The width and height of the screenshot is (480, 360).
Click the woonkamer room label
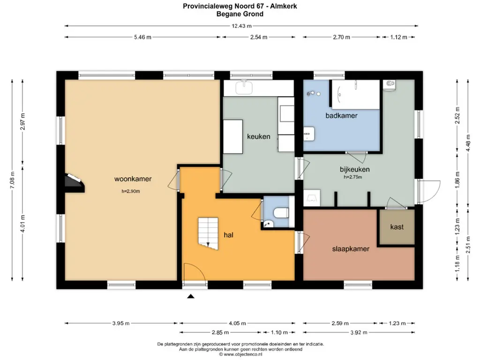133,179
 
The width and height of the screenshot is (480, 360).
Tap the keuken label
259,136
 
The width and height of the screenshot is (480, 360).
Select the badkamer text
341,116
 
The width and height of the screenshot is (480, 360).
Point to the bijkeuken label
354,169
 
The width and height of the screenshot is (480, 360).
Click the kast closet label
397,227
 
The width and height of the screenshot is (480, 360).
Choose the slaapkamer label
351,249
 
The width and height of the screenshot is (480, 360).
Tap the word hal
228,235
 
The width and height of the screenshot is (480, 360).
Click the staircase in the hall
208,233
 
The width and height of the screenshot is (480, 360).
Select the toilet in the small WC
281,212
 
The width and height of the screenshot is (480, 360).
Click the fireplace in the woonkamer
74,183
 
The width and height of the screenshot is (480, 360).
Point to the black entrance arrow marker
191,296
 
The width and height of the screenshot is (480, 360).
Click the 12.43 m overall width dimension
241,26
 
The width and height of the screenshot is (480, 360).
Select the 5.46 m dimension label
142,37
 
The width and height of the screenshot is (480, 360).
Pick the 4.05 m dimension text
237,323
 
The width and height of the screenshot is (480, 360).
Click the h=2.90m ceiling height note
131,191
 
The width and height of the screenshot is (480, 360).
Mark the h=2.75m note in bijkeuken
352,177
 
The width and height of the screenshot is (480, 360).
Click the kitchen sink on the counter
244,87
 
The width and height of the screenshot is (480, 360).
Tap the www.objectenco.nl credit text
240,354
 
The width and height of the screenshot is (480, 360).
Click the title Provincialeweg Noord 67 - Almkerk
240,6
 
